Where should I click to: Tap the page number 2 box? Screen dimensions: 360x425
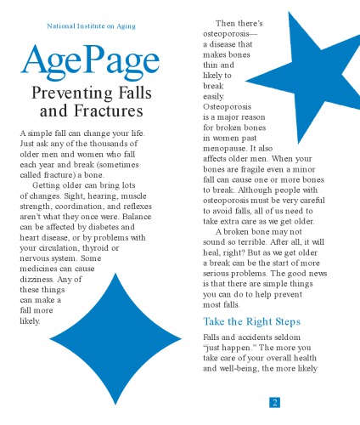pos(275,402)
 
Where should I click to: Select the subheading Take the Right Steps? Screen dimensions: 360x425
pos(252,322)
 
